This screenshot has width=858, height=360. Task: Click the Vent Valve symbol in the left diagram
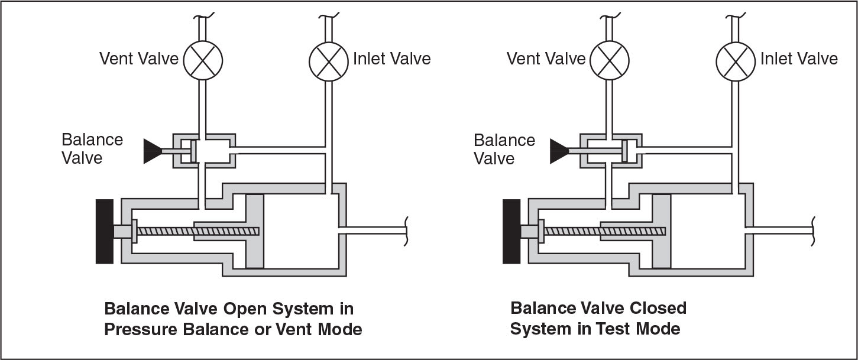(x=202, y=59)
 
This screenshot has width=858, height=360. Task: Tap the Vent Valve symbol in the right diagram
(x=610, y=59)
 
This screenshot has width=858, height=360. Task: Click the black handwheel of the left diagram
(x=104, y=231)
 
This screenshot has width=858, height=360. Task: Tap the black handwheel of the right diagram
(x=511, y=231)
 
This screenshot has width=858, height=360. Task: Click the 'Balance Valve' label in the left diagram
(x=92, y=149)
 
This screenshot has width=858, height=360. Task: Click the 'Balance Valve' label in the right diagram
(x=504, y=149)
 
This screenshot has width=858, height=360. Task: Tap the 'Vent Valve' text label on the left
(x=138, y=59)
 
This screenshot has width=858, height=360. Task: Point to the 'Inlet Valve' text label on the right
(x=799, y=59)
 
